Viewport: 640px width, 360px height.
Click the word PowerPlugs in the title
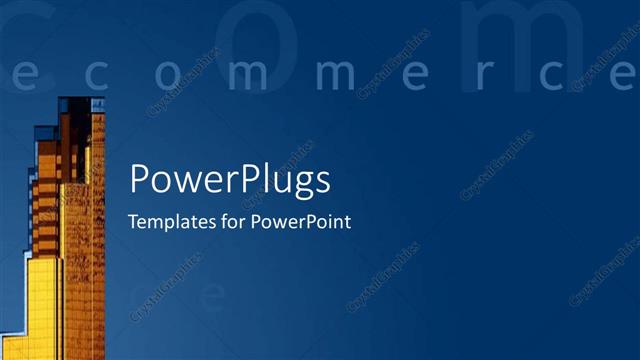tap(230, 181)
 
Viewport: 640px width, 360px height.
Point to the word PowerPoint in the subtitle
tap(301, 222)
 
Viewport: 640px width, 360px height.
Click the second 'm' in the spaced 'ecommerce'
tap(329, 76)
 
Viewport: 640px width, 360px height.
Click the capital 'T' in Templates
tap(134, 222)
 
